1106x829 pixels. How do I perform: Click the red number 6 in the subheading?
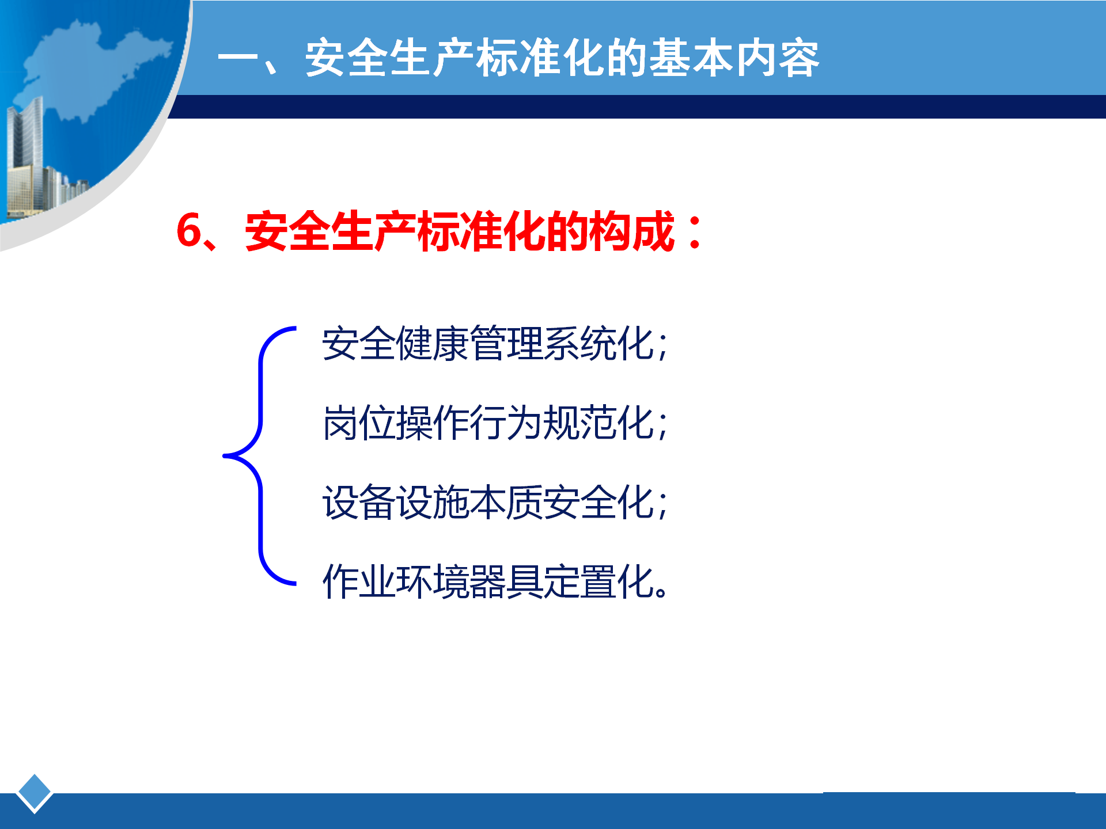click(x=190, y=231)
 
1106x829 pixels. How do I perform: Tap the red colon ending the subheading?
click(x=695, y=231)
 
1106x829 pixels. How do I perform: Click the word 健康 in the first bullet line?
click(x=433, y=344)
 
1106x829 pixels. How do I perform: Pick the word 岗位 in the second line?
click(x=359, y=423)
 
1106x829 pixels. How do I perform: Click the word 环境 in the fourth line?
click(x=433, y=581)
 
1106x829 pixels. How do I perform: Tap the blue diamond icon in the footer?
click(x=35, y=793)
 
